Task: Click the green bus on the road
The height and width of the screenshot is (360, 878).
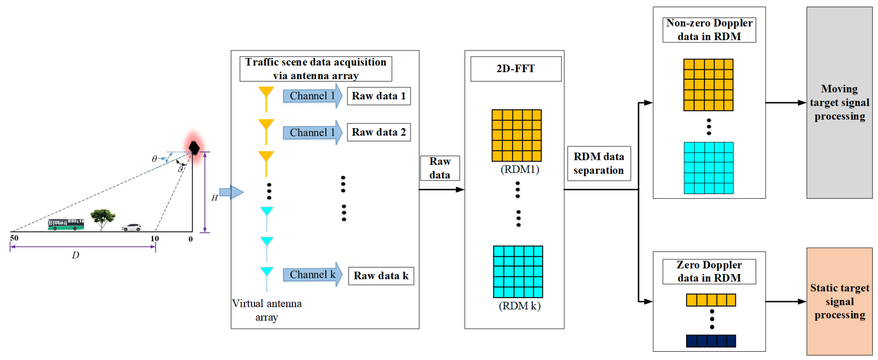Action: [x=66, y=224]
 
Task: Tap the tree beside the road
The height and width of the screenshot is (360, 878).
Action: [x=102, y=218]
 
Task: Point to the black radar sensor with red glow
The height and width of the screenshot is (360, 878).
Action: [x=194, y=148]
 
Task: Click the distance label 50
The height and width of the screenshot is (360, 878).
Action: [x=14, y=238]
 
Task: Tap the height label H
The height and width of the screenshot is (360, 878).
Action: [x=214, y=198]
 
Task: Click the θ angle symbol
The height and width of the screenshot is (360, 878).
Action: [x=154, y=159]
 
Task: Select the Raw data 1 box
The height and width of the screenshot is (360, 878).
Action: [x=379, y=96]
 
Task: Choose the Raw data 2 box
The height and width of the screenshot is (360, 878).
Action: [x=379, y=132]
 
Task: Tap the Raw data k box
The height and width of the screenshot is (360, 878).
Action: [x=381, y=276]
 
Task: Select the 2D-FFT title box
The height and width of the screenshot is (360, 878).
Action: [x=516, y=69]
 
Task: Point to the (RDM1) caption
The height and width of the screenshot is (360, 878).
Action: [x=519, y=169]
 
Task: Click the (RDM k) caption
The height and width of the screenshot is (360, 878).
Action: [x=519, y=306]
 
